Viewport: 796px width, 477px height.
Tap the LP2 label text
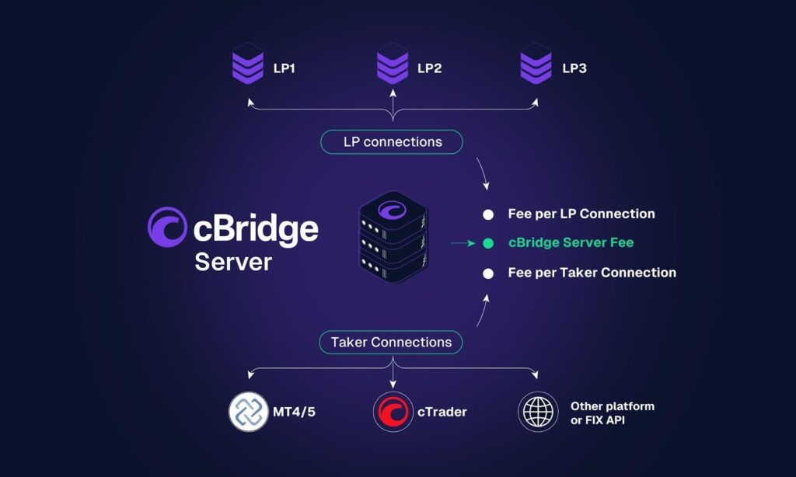coord(429,68)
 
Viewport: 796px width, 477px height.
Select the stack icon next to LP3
coord(536,65)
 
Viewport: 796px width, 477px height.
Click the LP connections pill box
coord(393,142)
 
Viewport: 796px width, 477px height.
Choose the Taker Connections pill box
coord(391,342)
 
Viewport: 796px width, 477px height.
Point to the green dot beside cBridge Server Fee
coord(487,243)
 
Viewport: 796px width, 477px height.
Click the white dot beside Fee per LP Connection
coord(487,214)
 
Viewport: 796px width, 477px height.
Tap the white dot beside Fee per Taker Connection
coord(487,273)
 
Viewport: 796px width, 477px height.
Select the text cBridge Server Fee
coord(571,243)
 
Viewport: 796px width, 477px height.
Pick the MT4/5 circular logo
coord(249,412)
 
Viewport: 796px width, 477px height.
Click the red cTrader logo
coord(393,412)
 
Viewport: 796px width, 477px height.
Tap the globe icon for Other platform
coord(538,412)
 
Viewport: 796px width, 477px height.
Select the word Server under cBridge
coord(233,262)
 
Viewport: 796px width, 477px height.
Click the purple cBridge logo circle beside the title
coord(166,226)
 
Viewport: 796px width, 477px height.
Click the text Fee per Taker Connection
coord(592,273)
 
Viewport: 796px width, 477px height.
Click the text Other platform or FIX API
coord(612,413)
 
